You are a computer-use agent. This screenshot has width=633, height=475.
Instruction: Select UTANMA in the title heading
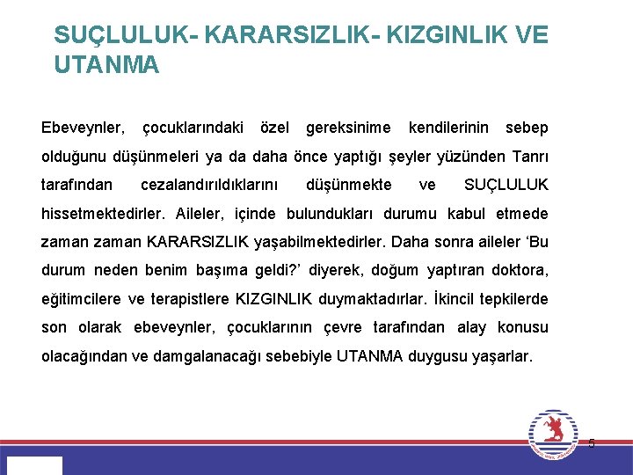pyautogui.click(x=106, y=65)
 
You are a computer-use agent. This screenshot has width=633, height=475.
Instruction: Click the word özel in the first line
pyautogui.click(x=275, y=128)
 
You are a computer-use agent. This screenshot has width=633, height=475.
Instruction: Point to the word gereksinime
pyautogui.click(x=348, y=128)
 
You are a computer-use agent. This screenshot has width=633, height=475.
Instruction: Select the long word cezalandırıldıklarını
pyautogui.click(x=209, y=185)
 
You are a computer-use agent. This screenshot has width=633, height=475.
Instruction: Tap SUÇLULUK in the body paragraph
pyautogui.click(x=506, y=185)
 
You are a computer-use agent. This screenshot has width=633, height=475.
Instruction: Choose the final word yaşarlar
pyautogui.click(x=501, y=356)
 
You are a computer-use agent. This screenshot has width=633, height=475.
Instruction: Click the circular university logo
pyautogui.click(x=553, y=434)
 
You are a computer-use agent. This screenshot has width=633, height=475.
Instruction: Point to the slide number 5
pyautogui.click(x=592, y=443)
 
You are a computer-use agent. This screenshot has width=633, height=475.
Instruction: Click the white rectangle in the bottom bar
pyautogui.click(x=34, y=465)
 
